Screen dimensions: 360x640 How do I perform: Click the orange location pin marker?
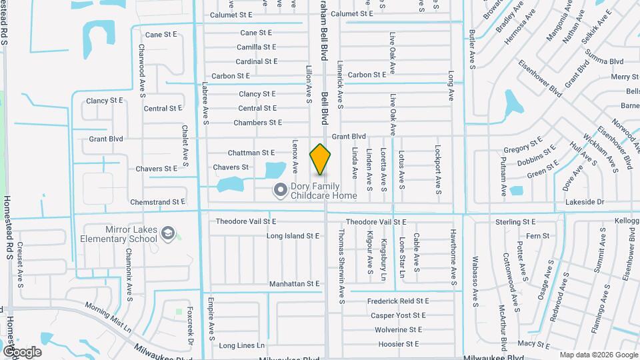[x=321, y=159]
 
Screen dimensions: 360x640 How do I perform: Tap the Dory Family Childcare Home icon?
[x=281, y=191]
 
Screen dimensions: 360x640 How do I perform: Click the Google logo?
[x=22, y=352]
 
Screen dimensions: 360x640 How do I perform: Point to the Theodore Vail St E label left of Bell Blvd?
[x=245, y=221]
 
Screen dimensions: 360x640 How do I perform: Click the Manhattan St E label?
[x=295, y=284]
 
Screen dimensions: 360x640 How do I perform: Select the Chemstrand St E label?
[x=157, y=201]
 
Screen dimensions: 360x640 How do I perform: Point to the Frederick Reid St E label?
[x=398, y=301]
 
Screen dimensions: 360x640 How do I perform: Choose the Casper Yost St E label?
[x=398, y=315]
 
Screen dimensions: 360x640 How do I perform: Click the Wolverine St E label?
[x=398, y=329]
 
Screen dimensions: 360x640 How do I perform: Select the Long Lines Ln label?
[x=241, y=346]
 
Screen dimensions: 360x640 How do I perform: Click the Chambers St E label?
[x=257, y=123]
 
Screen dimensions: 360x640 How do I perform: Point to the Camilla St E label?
[x=257, y=47]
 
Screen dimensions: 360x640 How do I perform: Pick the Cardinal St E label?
[x=257, y=61]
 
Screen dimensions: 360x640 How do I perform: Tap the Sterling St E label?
[x=515, y=221]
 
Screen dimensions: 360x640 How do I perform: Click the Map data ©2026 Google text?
[x=599, y=355]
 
